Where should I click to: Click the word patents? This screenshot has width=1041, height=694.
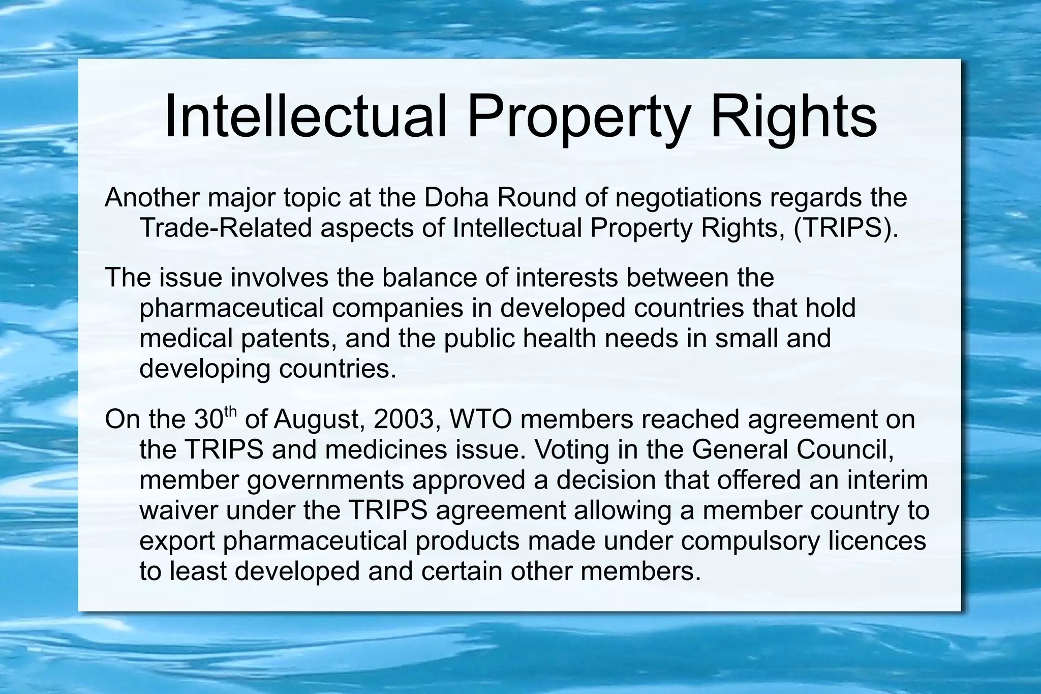tap(288, 338)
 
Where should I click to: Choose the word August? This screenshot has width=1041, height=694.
tap(319, 419)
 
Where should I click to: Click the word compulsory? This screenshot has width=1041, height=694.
tap(750, 540)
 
